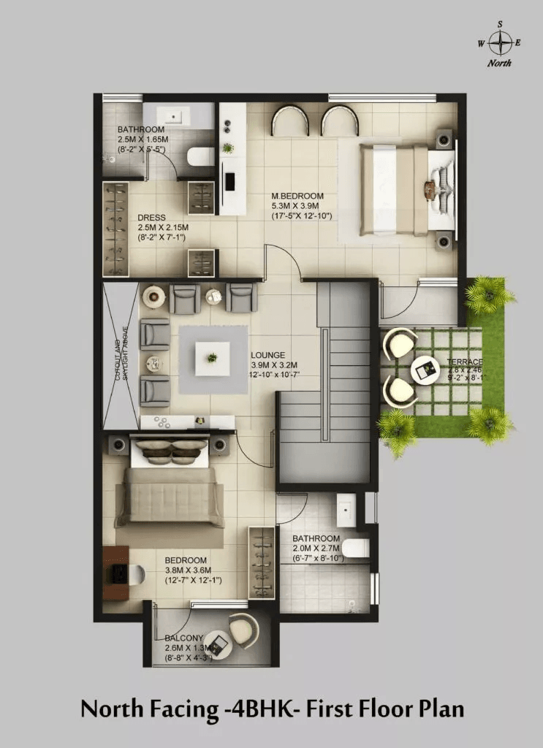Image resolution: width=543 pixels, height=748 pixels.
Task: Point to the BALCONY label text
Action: coord(183,638)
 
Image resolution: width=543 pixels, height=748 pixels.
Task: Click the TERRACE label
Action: coord(466,362)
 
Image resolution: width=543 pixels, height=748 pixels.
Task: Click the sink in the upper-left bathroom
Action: coord(177,115)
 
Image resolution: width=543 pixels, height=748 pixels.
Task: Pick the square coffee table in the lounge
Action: coord(213,359)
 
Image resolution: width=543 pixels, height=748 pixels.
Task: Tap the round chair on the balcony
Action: coord(242,627)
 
